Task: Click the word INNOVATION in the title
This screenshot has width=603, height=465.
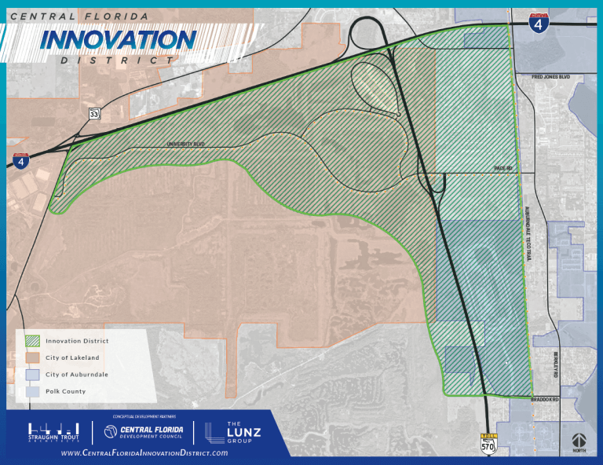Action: pyautogui.click(x=118, y=39)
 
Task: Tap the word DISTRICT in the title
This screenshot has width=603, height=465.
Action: pyautogui.click(x=118, y=60)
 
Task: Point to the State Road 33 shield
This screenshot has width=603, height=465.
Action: pyautogui.click(x=94, y=115)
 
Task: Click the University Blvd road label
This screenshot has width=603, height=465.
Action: pyautogui.click(x=185, y=145)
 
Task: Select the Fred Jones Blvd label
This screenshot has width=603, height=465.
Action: pyautogui.click(x=550, y=77)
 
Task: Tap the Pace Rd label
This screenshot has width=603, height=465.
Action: pyautogui.click(x=502, y=168)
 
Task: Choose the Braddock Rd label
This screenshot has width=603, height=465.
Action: pyautogui.click(x=544, y=400)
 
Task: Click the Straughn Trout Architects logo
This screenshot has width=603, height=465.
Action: pyautogui.click(x=54, y=432)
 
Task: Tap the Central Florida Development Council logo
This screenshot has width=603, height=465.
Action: pyautogui.click(x=145, y=432)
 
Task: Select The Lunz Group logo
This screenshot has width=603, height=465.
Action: pyautogui.click(x=233, y=431)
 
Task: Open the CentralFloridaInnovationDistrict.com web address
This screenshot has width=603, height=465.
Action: pyautogui.click(x=144, y=452)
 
